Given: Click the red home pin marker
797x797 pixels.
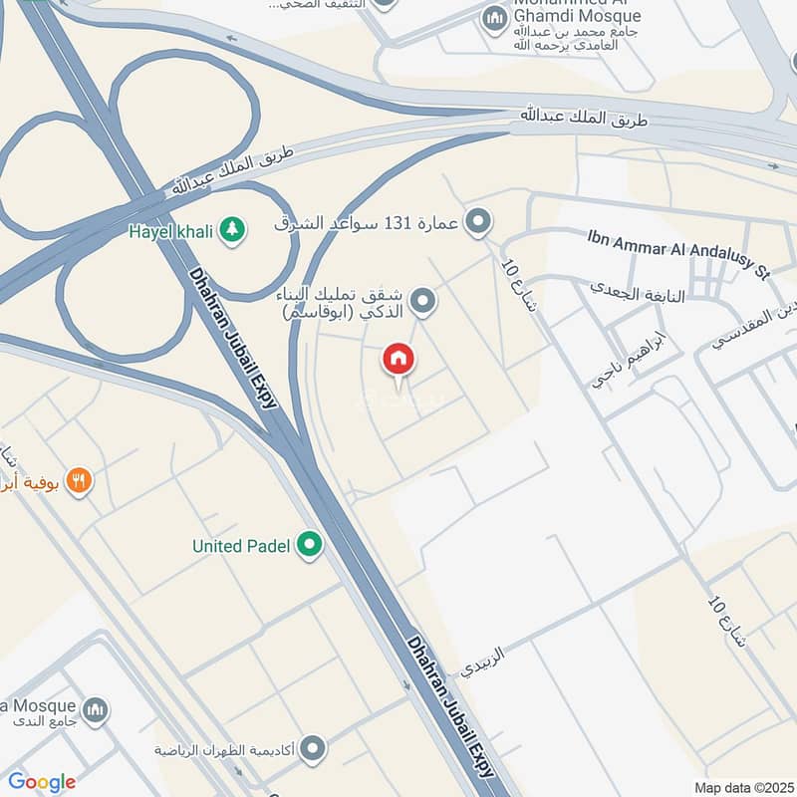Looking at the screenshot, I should tap(398, 360).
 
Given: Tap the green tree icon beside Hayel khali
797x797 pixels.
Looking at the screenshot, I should tap(232, 229).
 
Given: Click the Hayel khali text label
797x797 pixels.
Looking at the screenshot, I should tap(170, 230).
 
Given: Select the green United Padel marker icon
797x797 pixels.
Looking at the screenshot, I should tap(310, 545).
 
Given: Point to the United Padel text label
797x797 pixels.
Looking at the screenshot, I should tap(241, 546).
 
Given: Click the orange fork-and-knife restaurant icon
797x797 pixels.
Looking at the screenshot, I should tap(79, 482).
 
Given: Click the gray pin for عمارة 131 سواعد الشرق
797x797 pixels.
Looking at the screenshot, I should tap(479, 222).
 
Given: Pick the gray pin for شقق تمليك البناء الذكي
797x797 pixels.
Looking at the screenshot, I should tap(423, 300).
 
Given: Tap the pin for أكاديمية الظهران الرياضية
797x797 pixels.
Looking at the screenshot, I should tap(313, 747).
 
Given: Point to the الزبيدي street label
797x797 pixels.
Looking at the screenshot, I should tap(484, 663).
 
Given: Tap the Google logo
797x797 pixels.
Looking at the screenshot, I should tap(42, 782).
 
